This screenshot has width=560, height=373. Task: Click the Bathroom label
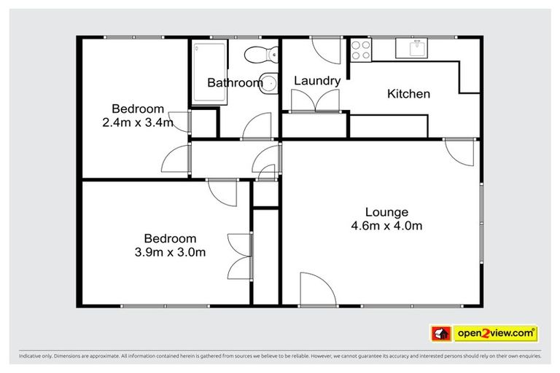pyautogui.click(x=235, y=83)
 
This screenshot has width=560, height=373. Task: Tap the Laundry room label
pyautogui.click(x=316, y=81)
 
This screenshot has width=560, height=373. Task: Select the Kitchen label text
pyautogui.click(x=408, y=94)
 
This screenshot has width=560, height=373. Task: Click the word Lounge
pyautogui.click(x=386, y=213)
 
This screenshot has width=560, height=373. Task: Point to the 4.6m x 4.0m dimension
pyautogui.click(x=386, y=226)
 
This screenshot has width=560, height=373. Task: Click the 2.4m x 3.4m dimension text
pyautogui.click(x=138, y=122)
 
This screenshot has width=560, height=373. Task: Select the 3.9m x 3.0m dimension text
pyautogui.click(x=170, y=252)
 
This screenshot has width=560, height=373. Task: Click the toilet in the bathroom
pyautogui.click(x=261, y=53)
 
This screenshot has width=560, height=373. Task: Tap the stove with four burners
pyautogui.click(x=361, y=50)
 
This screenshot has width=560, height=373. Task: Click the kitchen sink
pyautogui.click(x=417, y=49)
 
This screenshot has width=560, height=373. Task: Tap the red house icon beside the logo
pyautogui.click(x=442, y=334)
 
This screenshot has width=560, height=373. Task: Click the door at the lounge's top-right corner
pyautogui.click(x=460, y=150)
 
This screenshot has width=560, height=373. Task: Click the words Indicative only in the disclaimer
pyautogui.click(x=36, y=357)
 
